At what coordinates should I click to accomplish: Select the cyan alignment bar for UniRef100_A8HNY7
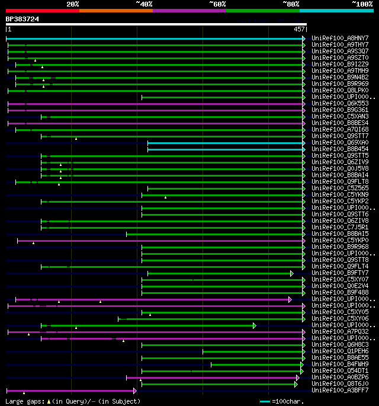(154, 39)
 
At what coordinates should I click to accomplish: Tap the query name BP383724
(23, 19)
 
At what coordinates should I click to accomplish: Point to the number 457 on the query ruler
(299, 29)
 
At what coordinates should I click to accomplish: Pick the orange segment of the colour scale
(115, 10)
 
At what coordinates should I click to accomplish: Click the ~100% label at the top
(361, 4)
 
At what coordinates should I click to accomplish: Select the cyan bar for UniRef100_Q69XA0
(225, 143)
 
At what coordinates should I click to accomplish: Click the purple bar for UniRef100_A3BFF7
(71, 391)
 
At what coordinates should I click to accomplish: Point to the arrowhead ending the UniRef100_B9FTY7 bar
(292, 273)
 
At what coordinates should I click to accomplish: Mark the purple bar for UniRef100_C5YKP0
(160, 241)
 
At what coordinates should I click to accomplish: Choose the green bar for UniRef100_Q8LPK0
(160, 91)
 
